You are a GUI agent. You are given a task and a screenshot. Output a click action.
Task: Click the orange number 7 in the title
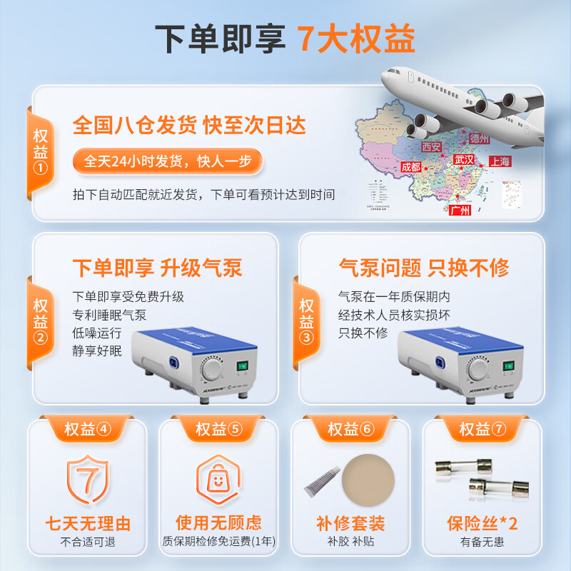click(x=308, y=39)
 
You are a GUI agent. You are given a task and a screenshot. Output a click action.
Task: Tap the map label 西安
click(x=431, y=146)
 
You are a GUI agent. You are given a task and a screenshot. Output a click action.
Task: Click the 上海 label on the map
click(x=500, y=162)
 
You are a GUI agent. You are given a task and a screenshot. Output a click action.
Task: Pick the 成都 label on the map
click(x=411, y=166)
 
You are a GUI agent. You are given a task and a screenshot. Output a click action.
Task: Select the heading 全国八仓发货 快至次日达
click(x=189, y=126)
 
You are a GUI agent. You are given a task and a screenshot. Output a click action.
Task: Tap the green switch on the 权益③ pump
click(x=508, y=368)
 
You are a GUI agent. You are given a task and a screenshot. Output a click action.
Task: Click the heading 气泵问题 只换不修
click(x=424, y=268)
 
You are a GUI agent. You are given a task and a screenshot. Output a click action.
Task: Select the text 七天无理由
click(x=87, y=523)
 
